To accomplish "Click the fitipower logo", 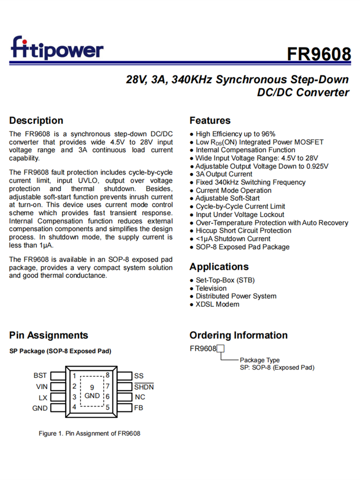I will click(x=57, y=48).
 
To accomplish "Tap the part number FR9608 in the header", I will click(x=319, y=54).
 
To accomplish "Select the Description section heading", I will click(x=36, y=120).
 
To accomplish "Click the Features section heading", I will click(x=210, y=120).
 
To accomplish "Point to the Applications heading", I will click(x=219, y=267).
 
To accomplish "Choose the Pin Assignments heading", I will click(x=48, y=336).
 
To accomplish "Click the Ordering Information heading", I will click(x=238, y=336).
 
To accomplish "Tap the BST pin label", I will click(x=40, y=375).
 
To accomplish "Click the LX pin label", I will click(x=43, y=397).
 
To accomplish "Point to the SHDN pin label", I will click(x=144, y=386).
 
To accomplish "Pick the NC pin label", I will click(x=140, y=397).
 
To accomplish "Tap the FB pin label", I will click(x=139, y=408).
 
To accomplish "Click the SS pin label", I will click(x=139, y=375).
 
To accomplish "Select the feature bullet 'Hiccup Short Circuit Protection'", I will click(x=243, y=231).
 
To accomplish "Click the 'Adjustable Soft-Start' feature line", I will click(x=228, y=198).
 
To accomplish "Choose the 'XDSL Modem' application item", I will click(x=217, y=304).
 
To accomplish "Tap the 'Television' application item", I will click(x=211, y=288).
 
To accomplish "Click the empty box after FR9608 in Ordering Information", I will click(x=221, y=349).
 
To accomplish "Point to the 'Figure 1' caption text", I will click(x=89, y=433).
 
